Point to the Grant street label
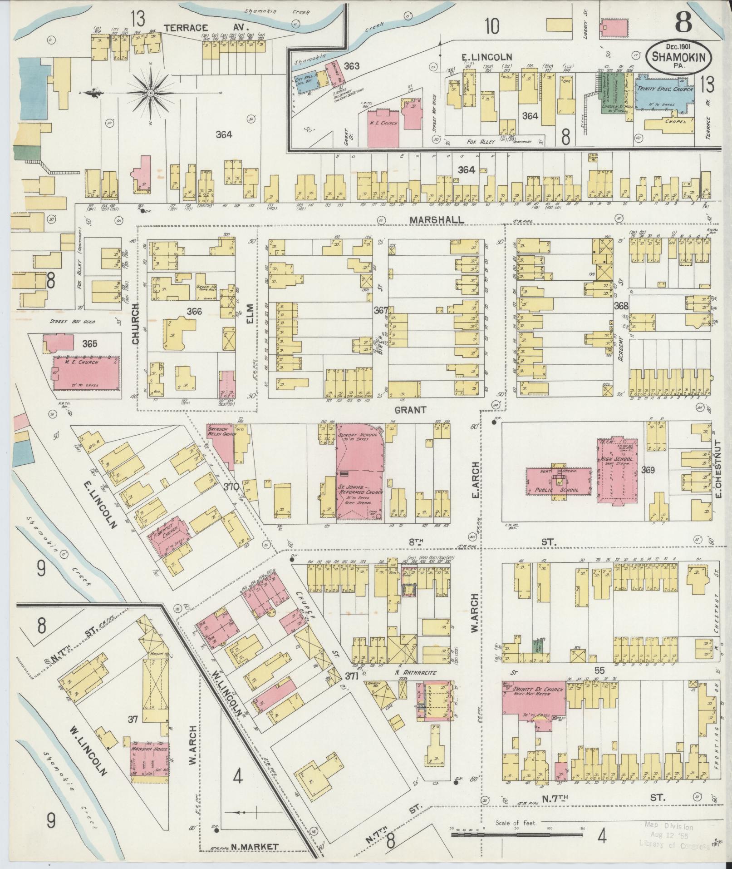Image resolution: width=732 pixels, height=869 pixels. click(x=410, y=409)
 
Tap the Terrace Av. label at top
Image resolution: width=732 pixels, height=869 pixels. click(x=186, y=28)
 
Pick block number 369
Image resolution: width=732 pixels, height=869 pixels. click(x=648, y=470)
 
